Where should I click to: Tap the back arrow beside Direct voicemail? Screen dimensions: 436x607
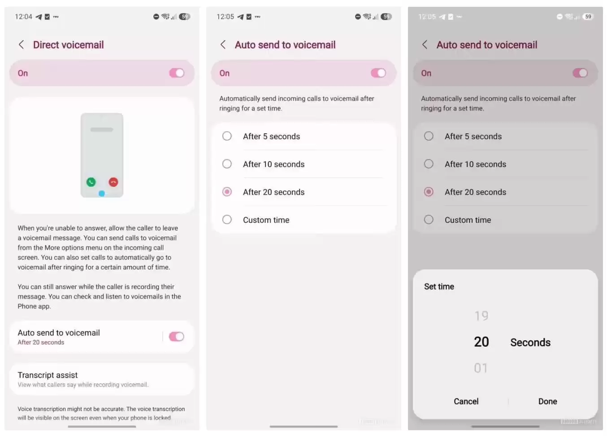(x=21, y=44)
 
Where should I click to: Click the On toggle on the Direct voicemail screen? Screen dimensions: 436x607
(x=177, y=73)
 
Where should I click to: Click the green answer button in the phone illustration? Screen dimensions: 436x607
(x=91, y=182)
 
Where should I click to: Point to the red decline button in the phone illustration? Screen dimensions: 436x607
(x=113, y=182)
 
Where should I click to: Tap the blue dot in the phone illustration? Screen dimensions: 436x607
(x=102, y=194)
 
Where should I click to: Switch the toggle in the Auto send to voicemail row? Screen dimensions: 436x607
(x=177, y=337)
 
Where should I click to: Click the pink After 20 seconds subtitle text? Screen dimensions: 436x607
(x=41, y=343)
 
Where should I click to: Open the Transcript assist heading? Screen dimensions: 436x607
(x=48, y=375)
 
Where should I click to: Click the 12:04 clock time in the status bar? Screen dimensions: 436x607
(x=23, y=17)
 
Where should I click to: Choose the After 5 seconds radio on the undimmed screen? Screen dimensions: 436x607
(x=227, y=136)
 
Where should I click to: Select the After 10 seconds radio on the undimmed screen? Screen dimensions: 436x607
(x=227, y=164)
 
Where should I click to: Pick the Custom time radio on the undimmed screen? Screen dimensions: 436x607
(x=227, y=220)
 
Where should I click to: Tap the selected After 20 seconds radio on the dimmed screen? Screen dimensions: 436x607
(x=429, y=192)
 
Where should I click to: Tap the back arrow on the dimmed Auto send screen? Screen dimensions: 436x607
(x=425, y=44)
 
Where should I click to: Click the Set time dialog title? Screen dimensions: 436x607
(x=439, y=286)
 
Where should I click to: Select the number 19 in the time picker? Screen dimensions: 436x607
(x=481, y=316)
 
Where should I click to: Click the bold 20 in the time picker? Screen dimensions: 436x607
(x=481, y=342)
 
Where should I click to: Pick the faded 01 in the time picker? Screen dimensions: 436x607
(x=481, y=368)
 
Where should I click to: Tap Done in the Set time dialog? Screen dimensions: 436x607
(x=547, y=401)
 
